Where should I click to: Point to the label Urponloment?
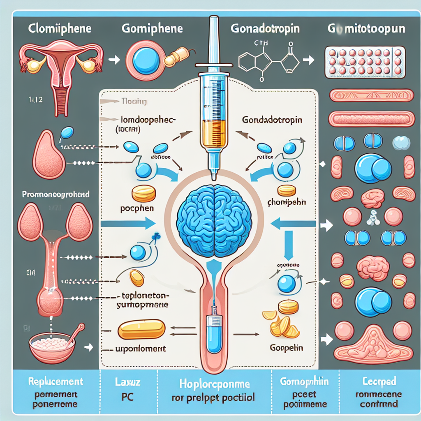(x=140, y=348)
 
